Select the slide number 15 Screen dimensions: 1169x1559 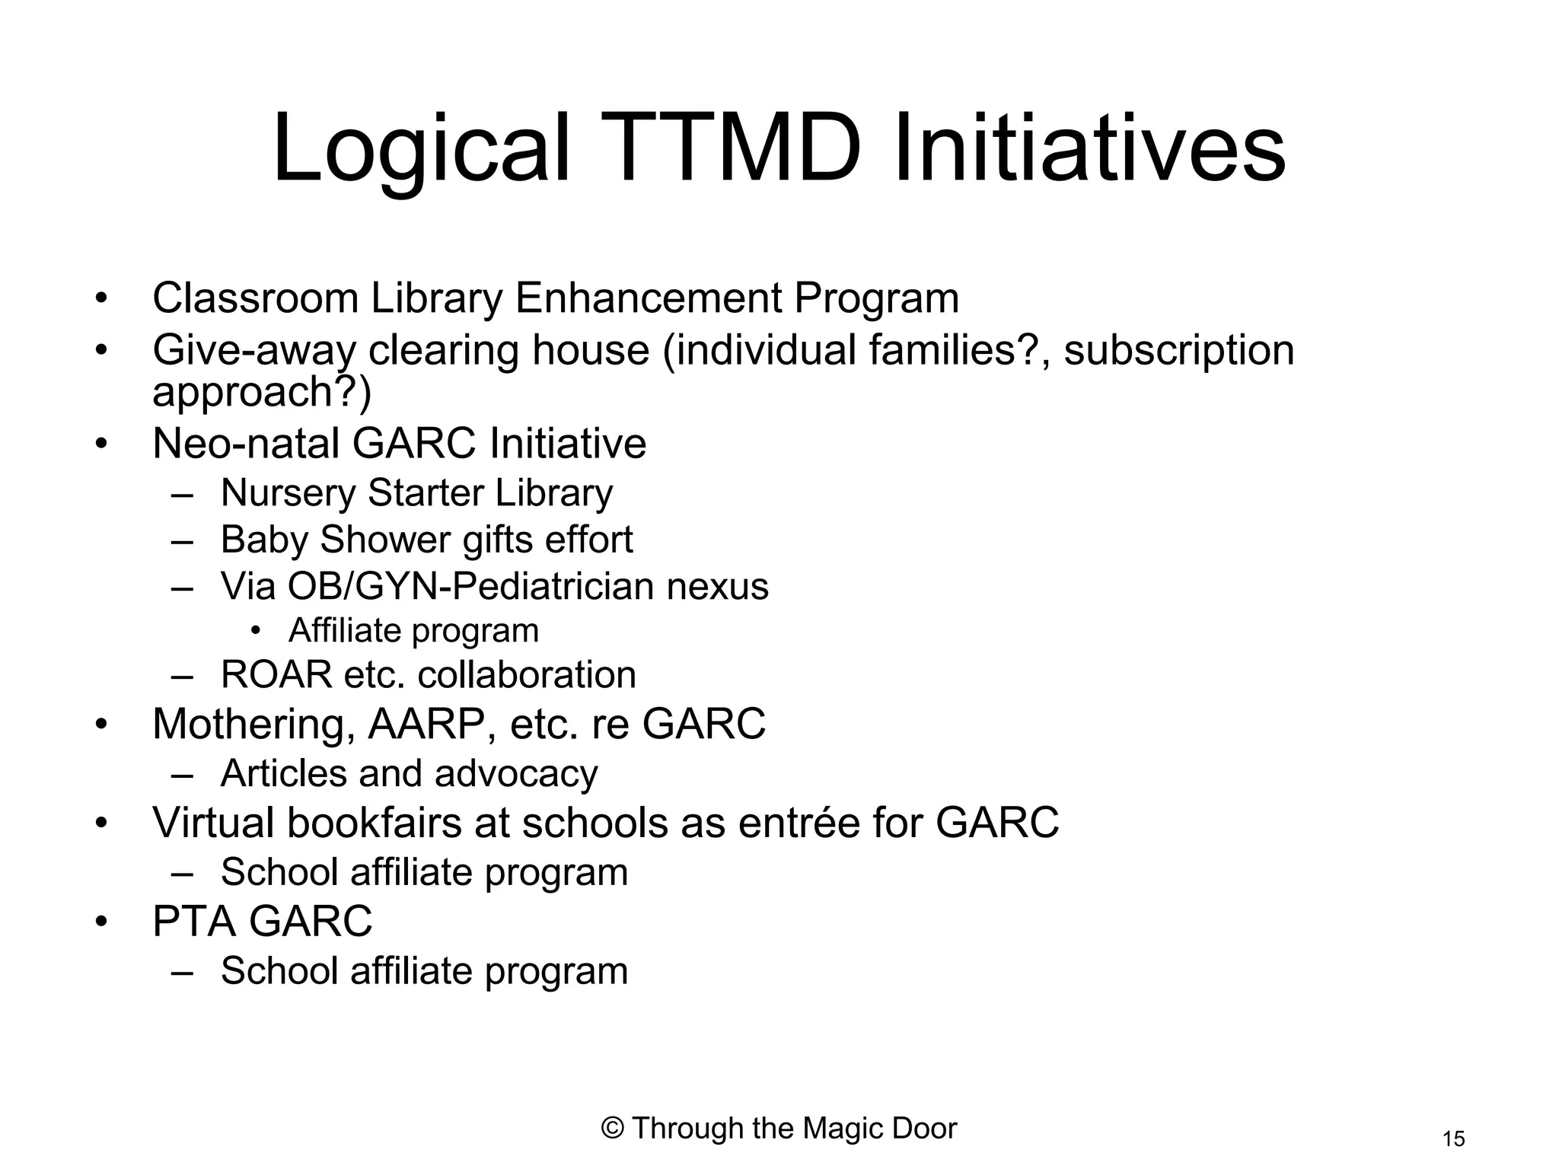(x=1453, y=1139)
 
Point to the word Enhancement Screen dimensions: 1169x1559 (x=649, y=298)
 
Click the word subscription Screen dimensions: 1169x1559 (x=1178, y=351)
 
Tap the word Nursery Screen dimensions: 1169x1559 (x=288, y=493)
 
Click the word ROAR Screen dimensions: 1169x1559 (x=276, y=675)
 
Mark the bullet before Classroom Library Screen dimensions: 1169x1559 (x=101, y=298)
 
